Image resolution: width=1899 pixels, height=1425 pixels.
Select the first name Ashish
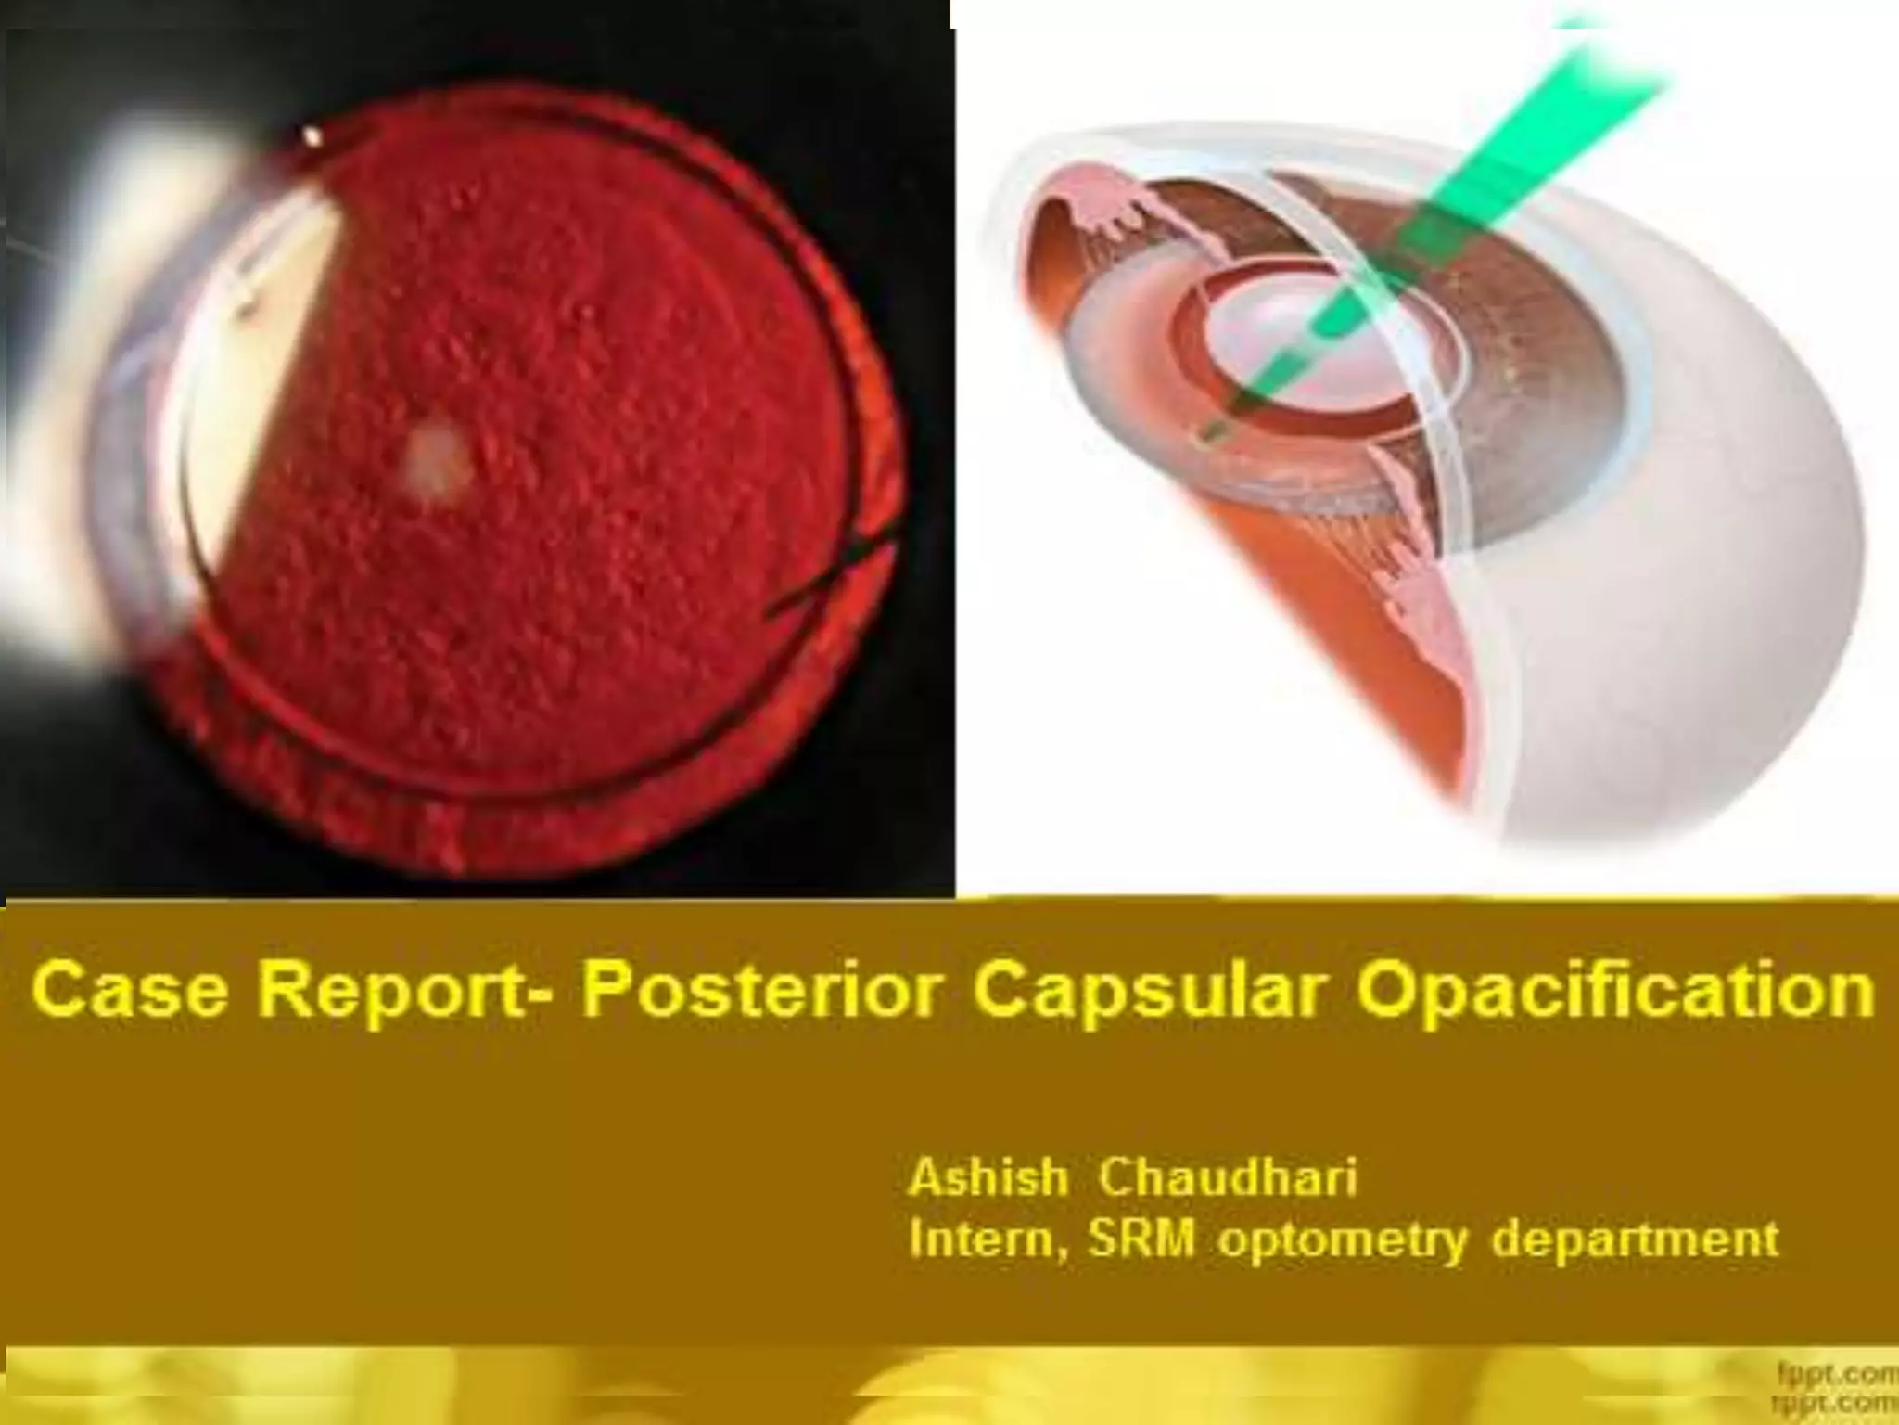click(988, 1178)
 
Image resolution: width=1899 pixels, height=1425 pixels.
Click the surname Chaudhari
click(1228, 1178)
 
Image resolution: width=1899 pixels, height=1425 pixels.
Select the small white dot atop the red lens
click(312, 137)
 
